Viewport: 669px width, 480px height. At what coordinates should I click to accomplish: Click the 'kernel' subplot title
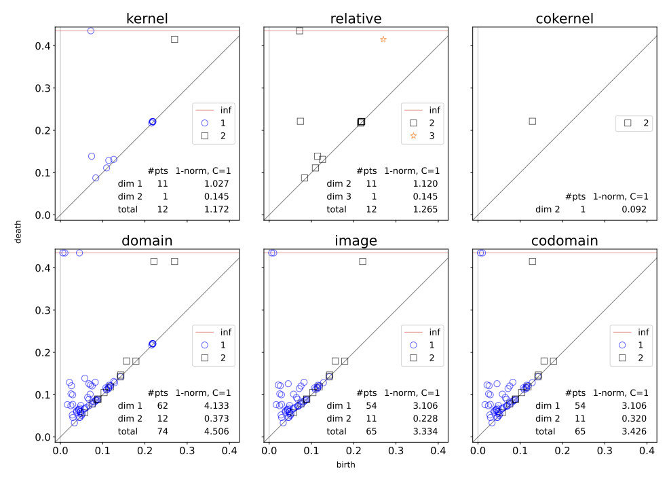(x=147, y=18)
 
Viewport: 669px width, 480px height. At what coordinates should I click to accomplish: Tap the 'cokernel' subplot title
(x=565, y=18)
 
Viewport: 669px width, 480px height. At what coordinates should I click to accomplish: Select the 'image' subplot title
(x=356, y=241)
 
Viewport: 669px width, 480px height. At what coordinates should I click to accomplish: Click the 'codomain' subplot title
(x=565, y=240)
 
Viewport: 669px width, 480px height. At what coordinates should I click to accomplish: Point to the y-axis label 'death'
(x=18, y=232)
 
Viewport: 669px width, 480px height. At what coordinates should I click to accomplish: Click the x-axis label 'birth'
(x=345, y=464)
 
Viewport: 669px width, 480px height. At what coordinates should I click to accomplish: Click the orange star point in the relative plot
(x=383, y=39)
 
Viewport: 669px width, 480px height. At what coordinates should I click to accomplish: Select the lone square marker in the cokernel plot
(x=533, y=122)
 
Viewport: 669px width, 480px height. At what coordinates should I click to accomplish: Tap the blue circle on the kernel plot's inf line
(x=91, y=31)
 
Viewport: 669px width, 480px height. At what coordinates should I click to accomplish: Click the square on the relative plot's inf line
(x=299, y=31)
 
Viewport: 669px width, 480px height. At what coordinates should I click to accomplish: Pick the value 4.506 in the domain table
(x=216, y=431)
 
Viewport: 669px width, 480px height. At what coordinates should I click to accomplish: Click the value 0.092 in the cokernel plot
(x=634, y=209)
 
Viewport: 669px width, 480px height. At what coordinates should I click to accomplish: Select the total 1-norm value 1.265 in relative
(x=425, y=209)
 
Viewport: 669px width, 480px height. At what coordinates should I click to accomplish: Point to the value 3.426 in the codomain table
(x=634, y=431)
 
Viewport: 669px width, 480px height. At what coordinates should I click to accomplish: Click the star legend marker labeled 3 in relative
(x=413, y=136)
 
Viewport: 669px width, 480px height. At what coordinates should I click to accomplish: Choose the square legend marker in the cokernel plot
(x=628, y=123)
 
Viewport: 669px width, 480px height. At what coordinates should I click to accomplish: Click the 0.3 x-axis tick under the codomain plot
(x=605, y=451)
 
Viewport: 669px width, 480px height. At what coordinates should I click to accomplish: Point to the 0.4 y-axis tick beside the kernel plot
(x=43, y=45)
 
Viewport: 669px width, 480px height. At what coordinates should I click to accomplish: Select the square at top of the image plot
(x=363, y=261)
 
